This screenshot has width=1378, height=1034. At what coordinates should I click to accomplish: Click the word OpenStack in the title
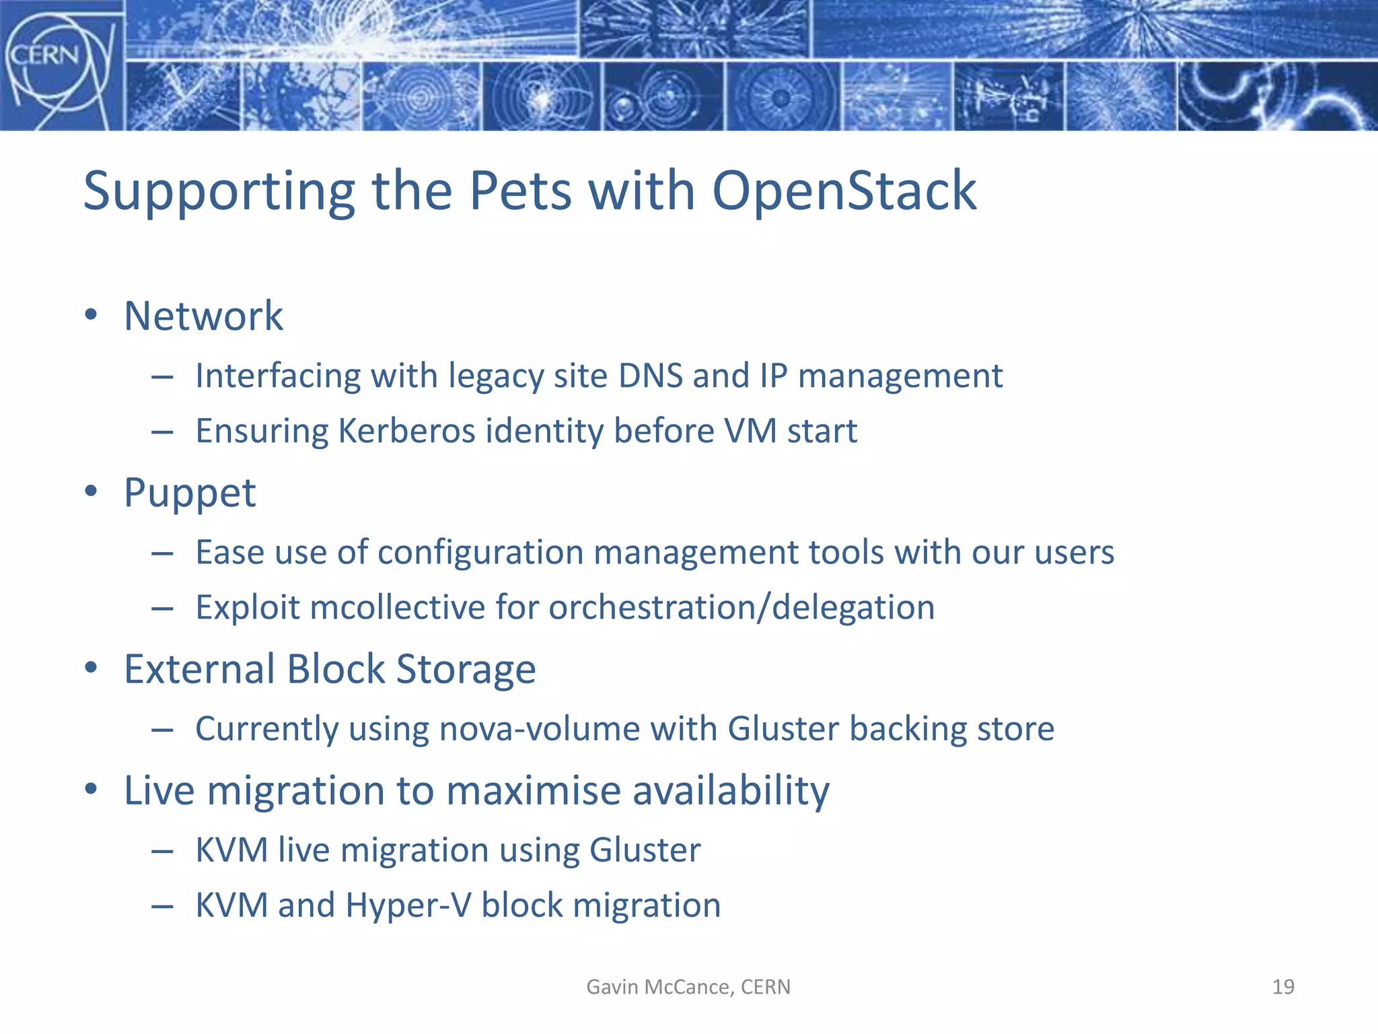pos(844,191)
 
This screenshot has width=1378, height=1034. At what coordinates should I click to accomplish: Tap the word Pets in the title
pos(519,191)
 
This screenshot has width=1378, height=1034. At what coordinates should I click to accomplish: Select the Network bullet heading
pos(203,316)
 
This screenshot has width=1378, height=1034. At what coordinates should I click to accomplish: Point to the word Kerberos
pos(406,431)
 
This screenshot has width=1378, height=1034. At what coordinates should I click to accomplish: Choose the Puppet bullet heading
pos(190,493)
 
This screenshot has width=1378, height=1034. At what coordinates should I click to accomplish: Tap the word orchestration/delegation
pos(741,607)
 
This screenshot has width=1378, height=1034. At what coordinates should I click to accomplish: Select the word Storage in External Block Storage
pos(466,669)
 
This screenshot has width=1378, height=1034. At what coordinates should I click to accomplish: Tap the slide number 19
pos(1283,987)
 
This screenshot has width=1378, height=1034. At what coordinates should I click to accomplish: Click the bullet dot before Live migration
pos(92,789)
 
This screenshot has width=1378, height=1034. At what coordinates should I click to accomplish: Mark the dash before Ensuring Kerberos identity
pos(162,432)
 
